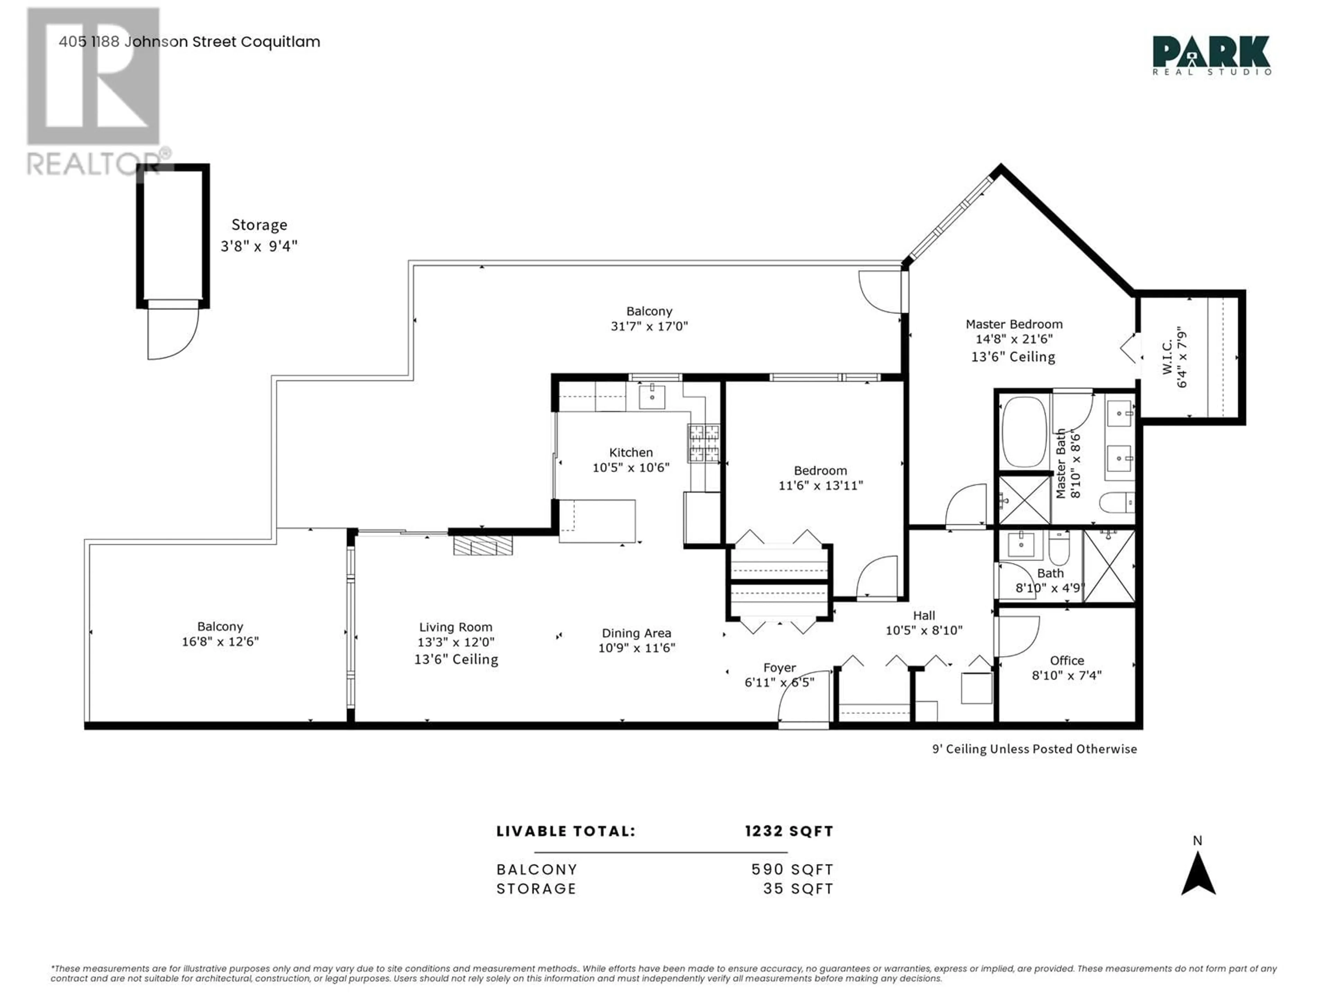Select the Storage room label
[259, 225]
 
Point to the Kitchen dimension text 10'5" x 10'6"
[631, 467]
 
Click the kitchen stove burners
[703, 443]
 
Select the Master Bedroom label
[1014, 324]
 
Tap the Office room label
[1067, 660]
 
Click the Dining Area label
[636, 633]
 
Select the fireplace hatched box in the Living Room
[483, 545]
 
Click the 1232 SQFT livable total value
[789, 831]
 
